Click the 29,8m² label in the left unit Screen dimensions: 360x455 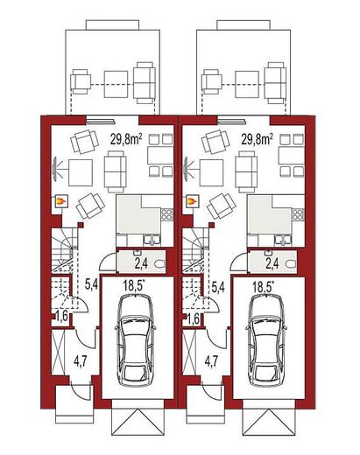pyautogui.click(x=126, y=139)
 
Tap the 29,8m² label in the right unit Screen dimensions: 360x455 pyautogui.click(x=258, y=139)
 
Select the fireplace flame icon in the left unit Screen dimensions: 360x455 pyautogui.click(x=60, y=200)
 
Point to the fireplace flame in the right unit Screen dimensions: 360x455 pyautogui.click(x=191, y=200)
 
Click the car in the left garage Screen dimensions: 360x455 pyautogui.click(x=136, y=340)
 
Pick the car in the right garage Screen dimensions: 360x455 pyautogui.click(x=266, y=340)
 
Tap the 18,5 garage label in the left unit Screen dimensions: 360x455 pyautogui.click(x=134, y=286)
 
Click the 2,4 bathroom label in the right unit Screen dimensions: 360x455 pyautogui.click(x=272, y=263)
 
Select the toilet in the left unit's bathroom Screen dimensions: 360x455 pyautogui.click(x=159, y=264)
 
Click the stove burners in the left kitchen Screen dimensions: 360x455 pyautogui.click(x=167, y=214)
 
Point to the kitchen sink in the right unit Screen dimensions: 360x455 pyautogui.click(x=282, y=240)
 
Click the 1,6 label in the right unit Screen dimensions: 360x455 pyautogui.click(x=193, y=318)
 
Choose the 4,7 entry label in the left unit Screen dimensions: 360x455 pyautogui.click(x=80, y=361)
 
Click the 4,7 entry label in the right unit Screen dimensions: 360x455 pyautogui.click(x=211, y=361)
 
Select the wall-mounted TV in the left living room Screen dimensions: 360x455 pyautogui.click(x=54, y=170)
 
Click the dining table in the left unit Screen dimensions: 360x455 pyautogui.click(x=160, y=156)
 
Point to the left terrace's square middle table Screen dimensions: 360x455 pyautogui.click(x=116, y=84)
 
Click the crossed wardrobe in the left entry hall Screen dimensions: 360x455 pyautogui.click(x=58, y=353)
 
